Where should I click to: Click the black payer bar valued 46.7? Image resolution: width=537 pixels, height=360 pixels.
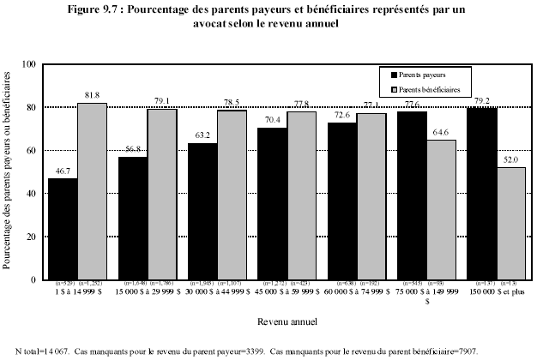63,229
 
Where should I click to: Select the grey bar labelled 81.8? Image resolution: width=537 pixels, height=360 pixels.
92,191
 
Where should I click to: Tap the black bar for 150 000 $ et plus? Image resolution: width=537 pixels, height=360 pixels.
481,194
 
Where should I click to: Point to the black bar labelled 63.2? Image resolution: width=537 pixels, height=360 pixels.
202,211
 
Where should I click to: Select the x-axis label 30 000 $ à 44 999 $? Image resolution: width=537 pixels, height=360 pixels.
217,291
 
